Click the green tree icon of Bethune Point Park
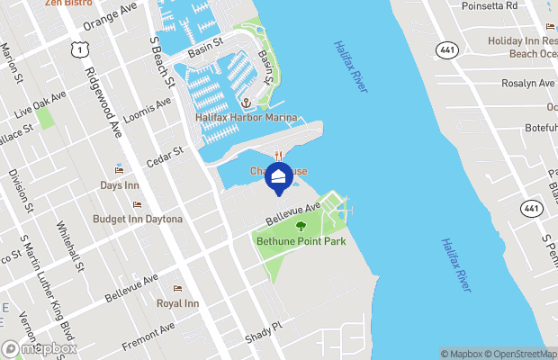pos(301,227)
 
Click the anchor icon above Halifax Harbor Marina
pos(244,103)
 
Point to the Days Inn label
pos(120,185)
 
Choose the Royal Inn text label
pos(177,304)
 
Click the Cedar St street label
pos(165,157)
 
